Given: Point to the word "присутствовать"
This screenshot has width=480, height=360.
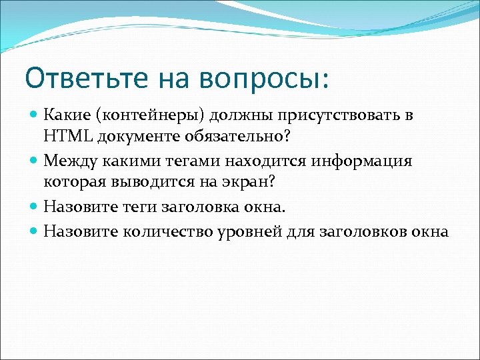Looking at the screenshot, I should (x=329, y=115).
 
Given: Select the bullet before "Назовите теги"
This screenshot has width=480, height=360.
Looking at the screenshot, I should (x=35, y=207).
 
